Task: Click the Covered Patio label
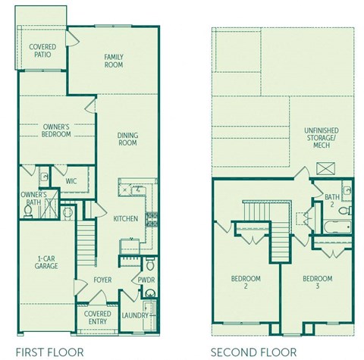[x=42, y=51]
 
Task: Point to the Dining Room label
[x=127, y=139]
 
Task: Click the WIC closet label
[x=71, y=181]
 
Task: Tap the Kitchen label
[x=124, y=218]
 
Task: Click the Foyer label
[x=102, y=280]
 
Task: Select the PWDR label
[x=146, y=280]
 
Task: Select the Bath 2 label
[x=331, y=201]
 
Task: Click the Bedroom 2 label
[x=246, y=283]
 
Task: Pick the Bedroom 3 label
[x=317, y=283]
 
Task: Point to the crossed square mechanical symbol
[x=325, y=168]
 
